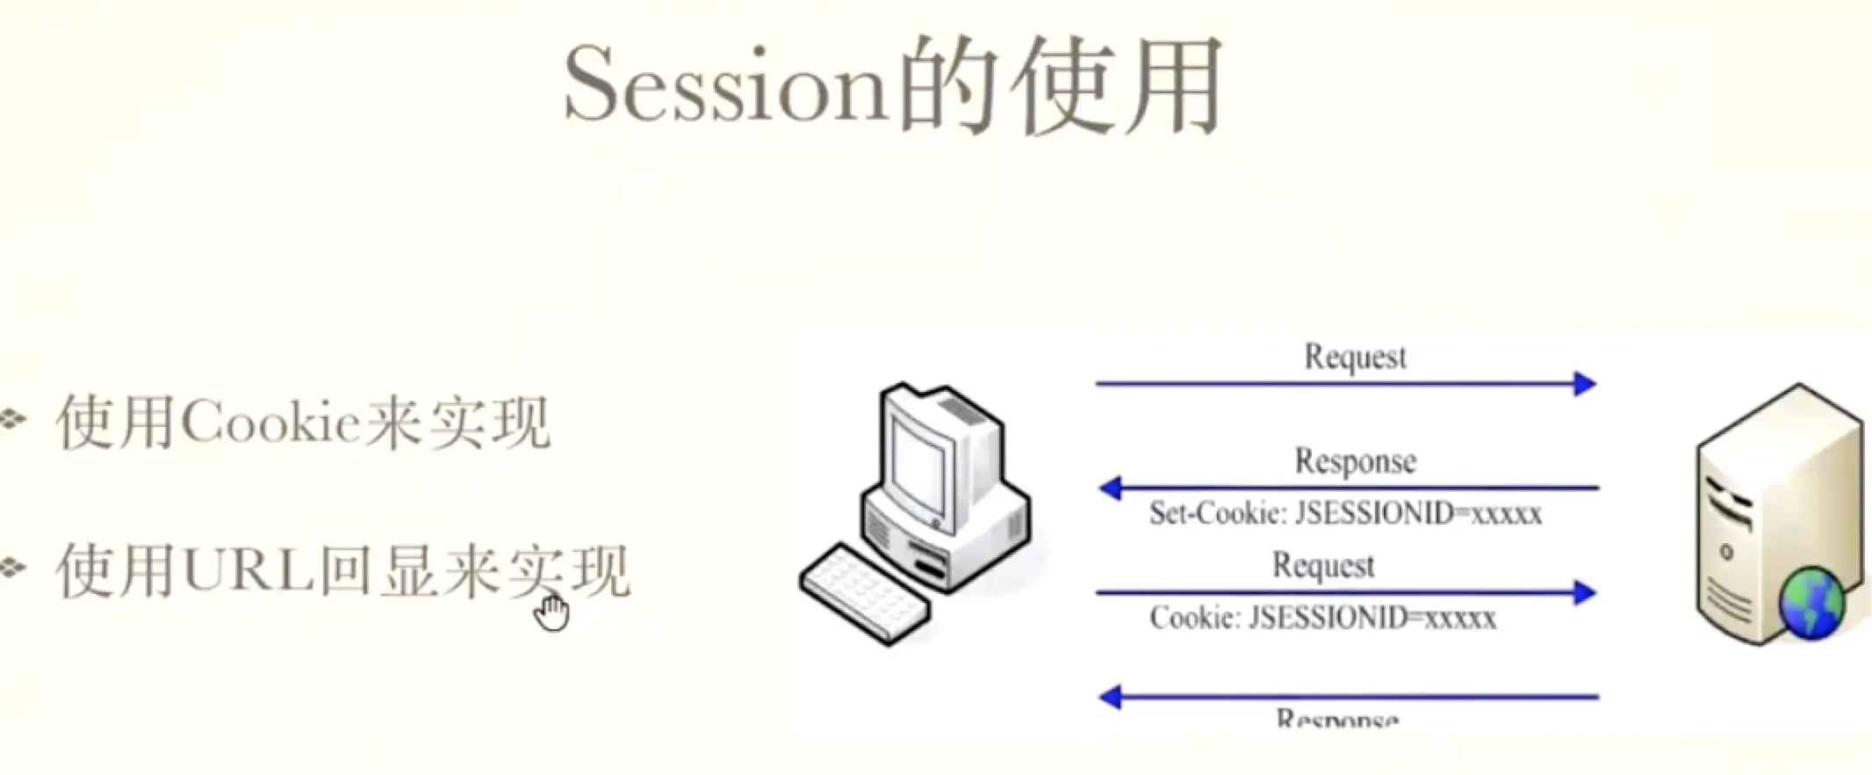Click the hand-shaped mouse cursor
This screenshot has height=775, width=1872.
pos(551,612)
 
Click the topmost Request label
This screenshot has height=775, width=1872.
pos(1355,357)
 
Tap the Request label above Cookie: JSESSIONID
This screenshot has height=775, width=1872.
pos(1323,565)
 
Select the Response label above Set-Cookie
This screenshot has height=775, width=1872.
pos(1355,460)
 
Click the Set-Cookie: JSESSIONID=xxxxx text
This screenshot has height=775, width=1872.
pos(1345,513)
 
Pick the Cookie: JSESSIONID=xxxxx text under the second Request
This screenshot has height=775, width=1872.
pos(1322,618)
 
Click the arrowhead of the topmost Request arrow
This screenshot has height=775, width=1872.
pos(1585,384)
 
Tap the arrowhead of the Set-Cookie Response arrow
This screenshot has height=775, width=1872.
pos(1111,488)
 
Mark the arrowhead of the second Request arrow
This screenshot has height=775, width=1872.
pos(1585,593)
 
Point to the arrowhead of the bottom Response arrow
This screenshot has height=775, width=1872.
pos(1111,698)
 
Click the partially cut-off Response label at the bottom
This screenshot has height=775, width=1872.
pos(1336,719)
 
